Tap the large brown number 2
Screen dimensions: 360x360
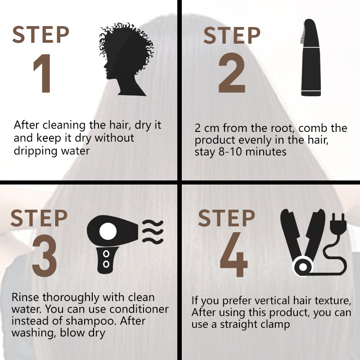232,72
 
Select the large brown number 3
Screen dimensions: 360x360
44,255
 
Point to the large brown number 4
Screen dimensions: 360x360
234,254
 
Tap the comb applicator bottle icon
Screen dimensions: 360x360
310,58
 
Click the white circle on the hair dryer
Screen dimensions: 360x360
108,231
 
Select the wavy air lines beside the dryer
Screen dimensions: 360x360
153,232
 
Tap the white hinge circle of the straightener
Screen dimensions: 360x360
303,267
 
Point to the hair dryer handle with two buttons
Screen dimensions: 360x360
106,260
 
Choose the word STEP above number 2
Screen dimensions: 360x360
232,35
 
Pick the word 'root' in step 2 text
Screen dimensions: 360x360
284,128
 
